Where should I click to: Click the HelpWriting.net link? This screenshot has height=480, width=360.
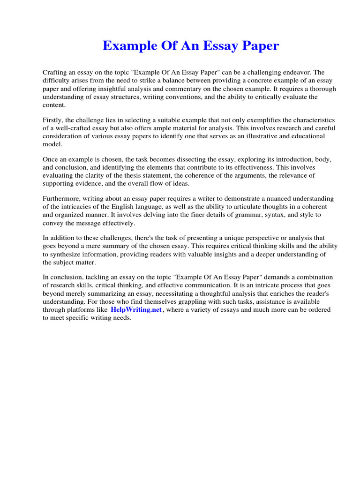coord(136,310)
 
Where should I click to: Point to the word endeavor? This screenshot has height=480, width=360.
coord(296,73)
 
